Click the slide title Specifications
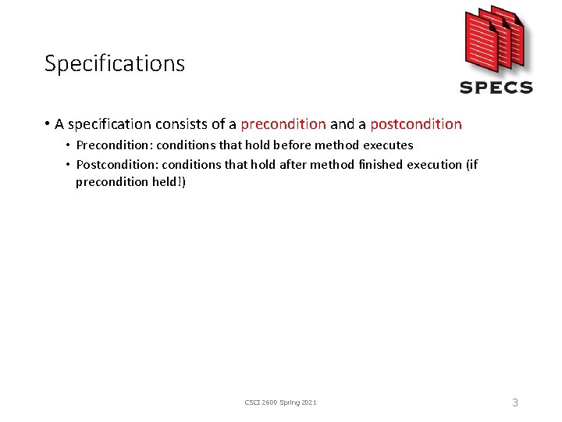click(x=115, y=63)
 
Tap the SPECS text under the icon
click(x=496, y=88)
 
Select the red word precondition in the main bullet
click(x=283, y=124)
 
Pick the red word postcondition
click(x=416, y=124)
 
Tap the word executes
click(x=388, y=145)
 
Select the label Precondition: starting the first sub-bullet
click(x=110, y=145)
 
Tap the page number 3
click(x=514, y=402)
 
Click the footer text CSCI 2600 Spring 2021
click(x=281, y=402)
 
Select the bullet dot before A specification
click(x=48, y=124)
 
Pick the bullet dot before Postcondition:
click(x=69, y=164)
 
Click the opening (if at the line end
click(x=471, y=164)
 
